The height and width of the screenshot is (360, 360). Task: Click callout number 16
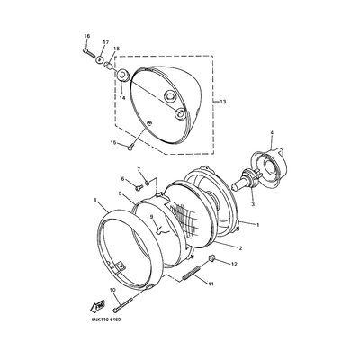pos(87,36)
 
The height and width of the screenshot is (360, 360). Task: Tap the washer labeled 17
pos(100,59)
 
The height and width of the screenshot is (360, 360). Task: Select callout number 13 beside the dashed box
pos(222,102)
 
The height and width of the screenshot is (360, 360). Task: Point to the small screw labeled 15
pos(130,147)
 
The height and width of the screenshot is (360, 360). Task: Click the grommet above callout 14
pos(122,75)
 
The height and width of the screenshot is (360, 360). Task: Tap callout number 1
pos(257,224)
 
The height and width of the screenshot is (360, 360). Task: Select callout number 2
pos(240,248)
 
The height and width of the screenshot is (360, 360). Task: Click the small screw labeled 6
pos(139,188)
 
